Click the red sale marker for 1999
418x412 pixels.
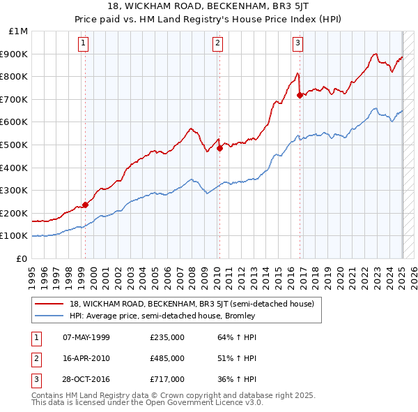(86, 205)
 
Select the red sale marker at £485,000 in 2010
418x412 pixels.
(219, 148)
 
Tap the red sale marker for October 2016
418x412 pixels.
(300, 95)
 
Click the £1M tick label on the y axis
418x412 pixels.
(19, 31)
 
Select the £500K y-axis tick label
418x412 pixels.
(15, 145)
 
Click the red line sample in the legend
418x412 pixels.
(51, 304)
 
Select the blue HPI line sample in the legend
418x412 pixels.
(51, 316)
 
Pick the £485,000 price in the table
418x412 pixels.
(167, 359)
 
